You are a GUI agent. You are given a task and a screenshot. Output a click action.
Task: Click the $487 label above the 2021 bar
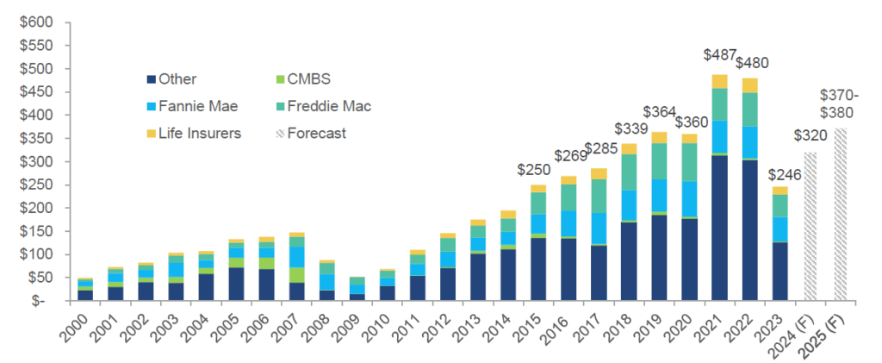(720, 56)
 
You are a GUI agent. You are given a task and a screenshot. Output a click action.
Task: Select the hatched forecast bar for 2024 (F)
(810, 226)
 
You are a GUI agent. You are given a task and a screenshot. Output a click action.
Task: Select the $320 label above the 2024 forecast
(811, 136)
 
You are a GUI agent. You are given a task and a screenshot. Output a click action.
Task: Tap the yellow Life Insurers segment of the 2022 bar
(749, 84)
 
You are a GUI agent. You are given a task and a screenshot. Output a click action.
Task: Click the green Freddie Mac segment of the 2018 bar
(630, 172)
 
